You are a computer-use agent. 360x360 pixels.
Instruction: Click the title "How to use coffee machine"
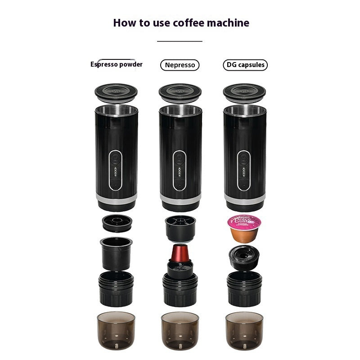coord(181,22)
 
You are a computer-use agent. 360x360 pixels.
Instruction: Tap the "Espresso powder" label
coord(117,64)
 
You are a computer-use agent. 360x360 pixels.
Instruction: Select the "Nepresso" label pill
coord(180,65)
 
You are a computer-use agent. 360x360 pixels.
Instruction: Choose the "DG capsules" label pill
coord(245,65)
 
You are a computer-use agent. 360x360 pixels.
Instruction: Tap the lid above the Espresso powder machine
coord(116,93)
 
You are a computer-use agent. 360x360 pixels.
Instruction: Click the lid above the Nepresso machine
coord(180,93)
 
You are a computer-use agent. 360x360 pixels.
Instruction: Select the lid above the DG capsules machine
coord(244,93)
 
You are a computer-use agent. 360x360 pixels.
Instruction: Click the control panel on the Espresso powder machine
coord(116,170)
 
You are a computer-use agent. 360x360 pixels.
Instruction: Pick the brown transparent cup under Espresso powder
coord(116,331)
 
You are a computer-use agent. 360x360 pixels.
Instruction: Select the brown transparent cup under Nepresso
coord(180,331)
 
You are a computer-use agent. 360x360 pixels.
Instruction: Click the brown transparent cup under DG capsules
coord(244,331)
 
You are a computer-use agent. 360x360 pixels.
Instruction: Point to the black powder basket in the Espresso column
coord(116,252)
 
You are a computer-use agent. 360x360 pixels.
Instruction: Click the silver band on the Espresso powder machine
coord(116,198)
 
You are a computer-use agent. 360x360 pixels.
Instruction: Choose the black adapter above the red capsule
coord(180,227)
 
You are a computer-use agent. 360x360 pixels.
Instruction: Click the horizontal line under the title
coord(180,41)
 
